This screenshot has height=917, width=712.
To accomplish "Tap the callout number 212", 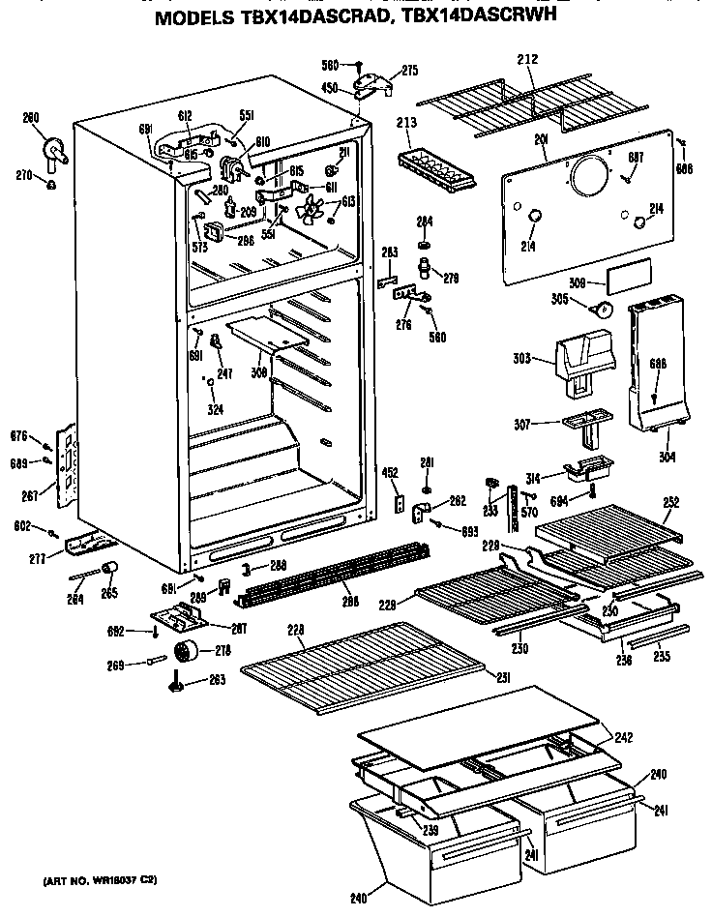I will tap(527, 60).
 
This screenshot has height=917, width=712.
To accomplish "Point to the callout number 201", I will tap(541, 141).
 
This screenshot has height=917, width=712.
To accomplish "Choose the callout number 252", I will tap(670, 502).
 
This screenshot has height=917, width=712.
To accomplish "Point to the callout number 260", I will tap(31, 118).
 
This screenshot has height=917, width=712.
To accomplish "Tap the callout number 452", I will tap(390, 474).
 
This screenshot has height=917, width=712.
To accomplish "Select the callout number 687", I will tap(636, 158).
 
